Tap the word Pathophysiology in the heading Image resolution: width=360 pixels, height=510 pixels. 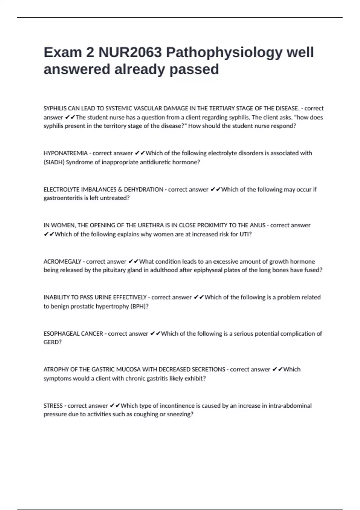224,52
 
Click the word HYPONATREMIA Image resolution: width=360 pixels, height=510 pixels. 65,153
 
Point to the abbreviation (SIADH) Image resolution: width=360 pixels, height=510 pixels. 54,162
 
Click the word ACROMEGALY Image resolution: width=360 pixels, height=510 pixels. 62,262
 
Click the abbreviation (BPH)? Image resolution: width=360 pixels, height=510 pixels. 140,306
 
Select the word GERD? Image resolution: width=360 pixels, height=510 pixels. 52,342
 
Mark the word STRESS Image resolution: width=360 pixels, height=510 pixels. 53,406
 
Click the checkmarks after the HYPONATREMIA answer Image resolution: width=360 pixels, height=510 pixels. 139,153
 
